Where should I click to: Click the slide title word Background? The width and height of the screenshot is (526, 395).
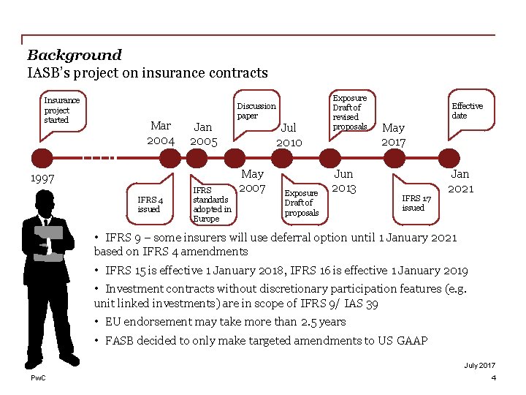(74, 55)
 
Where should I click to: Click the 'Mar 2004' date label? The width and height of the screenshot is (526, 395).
(161, 133)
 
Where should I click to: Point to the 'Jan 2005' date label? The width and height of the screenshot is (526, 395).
(203, 134)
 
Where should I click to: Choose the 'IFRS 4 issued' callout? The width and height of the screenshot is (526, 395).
(150, 203)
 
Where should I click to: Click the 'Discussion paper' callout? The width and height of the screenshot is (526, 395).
(256, 110)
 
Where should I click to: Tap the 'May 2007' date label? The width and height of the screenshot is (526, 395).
(252, 181)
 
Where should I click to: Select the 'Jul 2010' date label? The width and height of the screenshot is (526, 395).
(289, 135)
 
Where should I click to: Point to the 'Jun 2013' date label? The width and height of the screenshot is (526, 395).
(343, 181)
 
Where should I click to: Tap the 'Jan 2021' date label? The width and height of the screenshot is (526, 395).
(460, 181)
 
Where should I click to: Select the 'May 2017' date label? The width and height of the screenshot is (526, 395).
(393, 135)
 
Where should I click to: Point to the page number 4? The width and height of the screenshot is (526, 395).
(493, 377)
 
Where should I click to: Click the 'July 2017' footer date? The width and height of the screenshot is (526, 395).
(479, 365)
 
